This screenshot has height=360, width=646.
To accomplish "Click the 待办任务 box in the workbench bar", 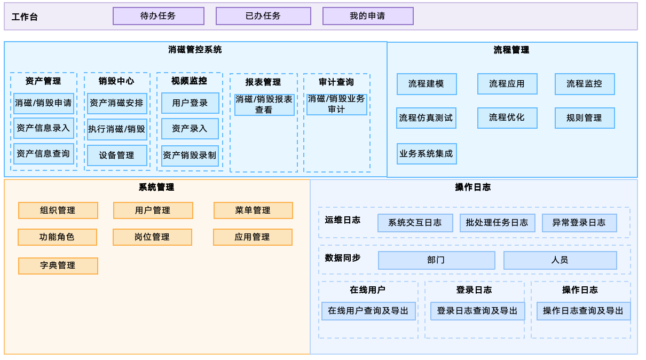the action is [x=159, y=16].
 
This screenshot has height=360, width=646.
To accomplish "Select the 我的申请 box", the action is [x=368, y=16].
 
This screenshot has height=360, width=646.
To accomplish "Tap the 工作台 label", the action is [x=25, y=17].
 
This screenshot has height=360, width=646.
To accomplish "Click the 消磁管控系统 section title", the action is [x=195, y=50].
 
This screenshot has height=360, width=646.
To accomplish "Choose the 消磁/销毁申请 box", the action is [x=44, y=103].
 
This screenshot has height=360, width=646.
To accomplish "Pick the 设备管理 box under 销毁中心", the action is [x=117, y=155].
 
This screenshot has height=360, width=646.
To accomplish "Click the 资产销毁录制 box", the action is [x=190, y=156].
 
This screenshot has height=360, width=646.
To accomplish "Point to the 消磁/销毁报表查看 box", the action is [x=264, y=105].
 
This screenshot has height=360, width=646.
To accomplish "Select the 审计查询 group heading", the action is [x=336, y=82].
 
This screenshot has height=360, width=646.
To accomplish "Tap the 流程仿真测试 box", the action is [x=426, y=118].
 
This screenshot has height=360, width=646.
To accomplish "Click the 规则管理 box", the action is [x=585, y=118].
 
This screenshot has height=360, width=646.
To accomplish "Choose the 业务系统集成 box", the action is [x=427, y=154].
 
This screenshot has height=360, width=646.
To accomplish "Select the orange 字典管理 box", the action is [x=58, y=265].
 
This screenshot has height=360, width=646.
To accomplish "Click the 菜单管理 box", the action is [x=253, y=210].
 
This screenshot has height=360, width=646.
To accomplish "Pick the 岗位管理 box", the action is [x=152, y=237].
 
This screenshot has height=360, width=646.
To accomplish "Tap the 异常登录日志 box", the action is [x=579, y=223].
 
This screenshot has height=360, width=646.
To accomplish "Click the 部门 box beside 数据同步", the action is [x=436, y=260].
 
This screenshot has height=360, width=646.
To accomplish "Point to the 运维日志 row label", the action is [x=343, y=220].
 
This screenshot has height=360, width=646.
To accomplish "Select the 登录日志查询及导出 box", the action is [x=477, y=311].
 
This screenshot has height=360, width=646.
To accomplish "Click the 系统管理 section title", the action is [x=156, y=187].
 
